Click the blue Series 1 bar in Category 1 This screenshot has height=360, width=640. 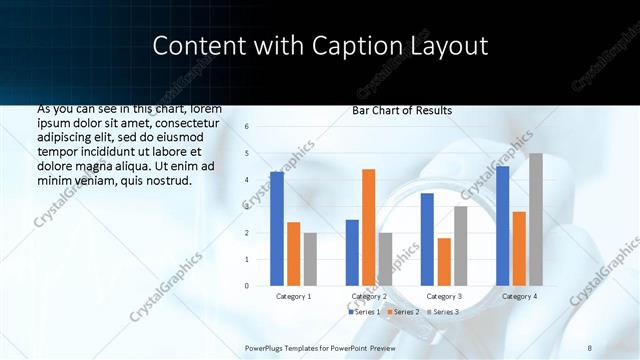click(277, 229)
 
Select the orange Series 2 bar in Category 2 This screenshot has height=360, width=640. click(369, 227)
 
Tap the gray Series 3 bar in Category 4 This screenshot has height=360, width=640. click(536, 219)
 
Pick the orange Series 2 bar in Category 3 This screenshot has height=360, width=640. click(444, 262)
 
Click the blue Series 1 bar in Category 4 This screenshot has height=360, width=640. click(502, 226)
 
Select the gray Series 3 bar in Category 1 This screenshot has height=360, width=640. click(311, 259)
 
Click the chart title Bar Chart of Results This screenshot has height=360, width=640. click(402, 110)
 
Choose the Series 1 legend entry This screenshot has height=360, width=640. click(364, 312)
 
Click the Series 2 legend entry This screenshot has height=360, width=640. click(403, 312)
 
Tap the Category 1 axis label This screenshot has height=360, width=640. click(294, 297)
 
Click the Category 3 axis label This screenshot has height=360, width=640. click(444, 297)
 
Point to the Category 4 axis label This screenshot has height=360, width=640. click(519, 297)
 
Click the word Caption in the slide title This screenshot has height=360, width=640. click(369, 46)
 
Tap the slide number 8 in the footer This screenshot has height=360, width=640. click(590, 347)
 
